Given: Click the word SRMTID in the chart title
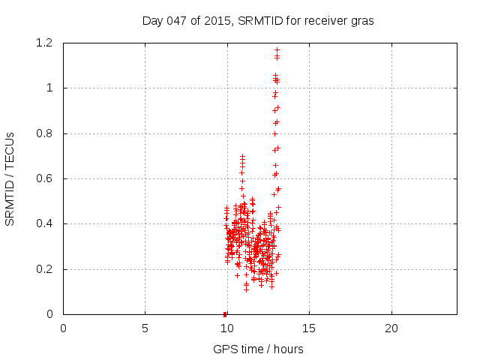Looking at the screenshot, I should pos(259,20).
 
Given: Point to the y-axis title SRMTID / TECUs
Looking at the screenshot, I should pos(10,178).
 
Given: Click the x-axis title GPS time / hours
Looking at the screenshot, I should pos(258,349).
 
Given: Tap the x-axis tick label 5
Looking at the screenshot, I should pos(145,328).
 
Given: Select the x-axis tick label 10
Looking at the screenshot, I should pos(227,328).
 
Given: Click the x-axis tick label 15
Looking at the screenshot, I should pos(309,328).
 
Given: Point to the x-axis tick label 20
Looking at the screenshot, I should pos(391,328).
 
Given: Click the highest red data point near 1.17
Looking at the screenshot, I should pos(277,49).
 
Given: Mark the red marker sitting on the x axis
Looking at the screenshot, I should pos(225,313).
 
